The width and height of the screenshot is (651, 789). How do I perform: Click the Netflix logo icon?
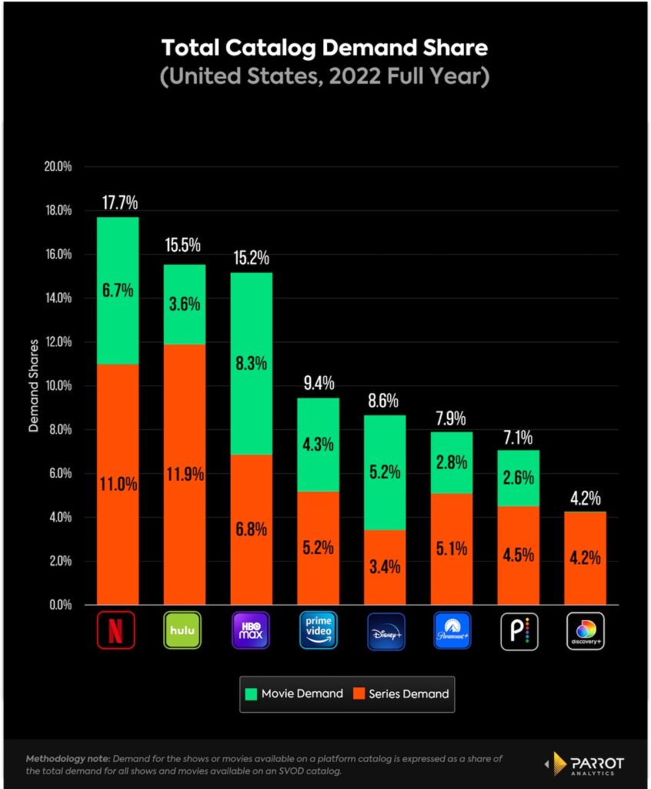(x=117, y=631)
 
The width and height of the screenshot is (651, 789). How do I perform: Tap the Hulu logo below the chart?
(x=184, y=631)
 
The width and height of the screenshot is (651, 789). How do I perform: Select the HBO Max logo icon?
(x=251, y=631)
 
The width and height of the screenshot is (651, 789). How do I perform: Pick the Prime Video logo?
(x=317, y=631)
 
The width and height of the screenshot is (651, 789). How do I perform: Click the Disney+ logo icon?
(x=384, y=631)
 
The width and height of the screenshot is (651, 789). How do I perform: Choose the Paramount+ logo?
(x=451, y=631)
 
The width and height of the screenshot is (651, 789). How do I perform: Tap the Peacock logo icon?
(x=518, y=631)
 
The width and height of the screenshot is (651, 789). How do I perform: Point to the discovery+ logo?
(x=585, y=631)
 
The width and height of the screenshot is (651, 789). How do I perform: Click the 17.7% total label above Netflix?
(x=119, y=203)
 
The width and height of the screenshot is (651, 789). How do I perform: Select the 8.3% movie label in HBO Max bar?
(x=252, y=363)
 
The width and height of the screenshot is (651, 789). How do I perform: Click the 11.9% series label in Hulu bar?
(x=185, y=474)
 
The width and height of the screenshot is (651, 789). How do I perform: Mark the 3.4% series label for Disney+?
(x=385, y=569)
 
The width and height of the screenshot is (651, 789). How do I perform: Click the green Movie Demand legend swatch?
(x=252, y=693)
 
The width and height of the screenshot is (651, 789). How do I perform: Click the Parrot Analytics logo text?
(x=592, y=763)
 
